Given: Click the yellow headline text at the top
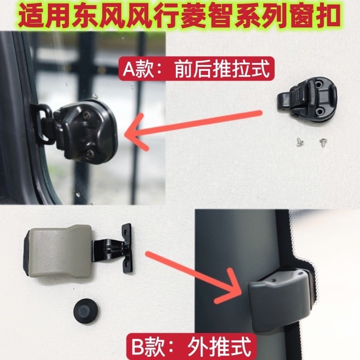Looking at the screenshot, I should tap(180, 16).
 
